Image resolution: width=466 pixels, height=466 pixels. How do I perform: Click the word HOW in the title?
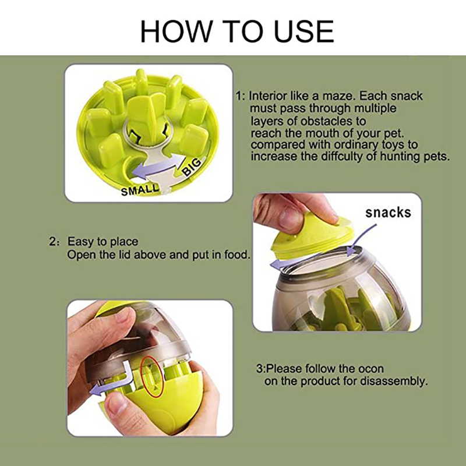(176, 31)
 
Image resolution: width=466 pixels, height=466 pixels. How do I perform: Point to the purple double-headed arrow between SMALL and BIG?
(157, 167)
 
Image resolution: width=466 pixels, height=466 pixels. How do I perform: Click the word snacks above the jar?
(388, 213)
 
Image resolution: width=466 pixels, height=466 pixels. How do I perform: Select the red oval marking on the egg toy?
(152, 376)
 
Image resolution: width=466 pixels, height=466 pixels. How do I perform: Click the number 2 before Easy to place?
(52, 242)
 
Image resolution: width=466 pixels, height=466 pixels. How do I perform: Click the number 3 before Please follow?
(259, 369)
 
